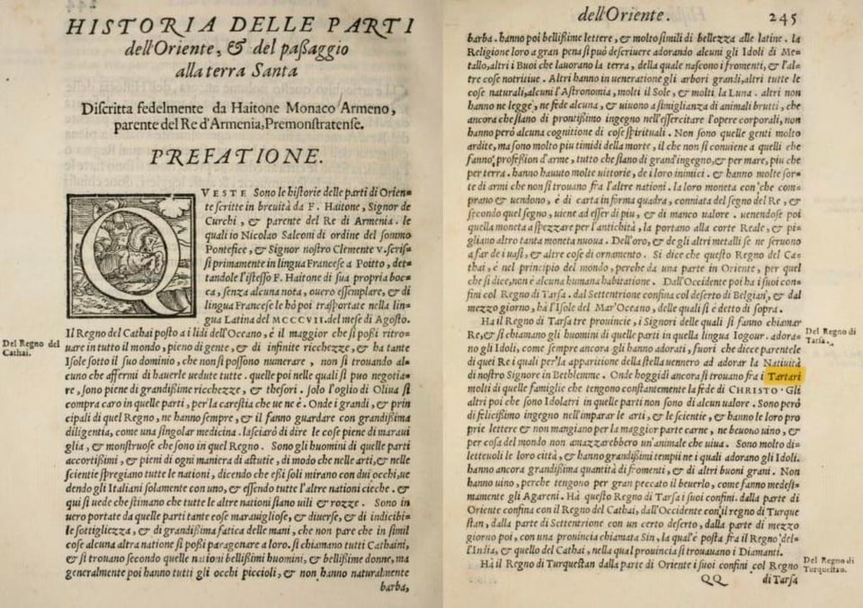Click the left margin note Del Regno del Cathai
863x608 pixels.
tap(31, 347)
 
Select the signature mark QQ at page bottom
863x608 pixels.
tap(716, 580)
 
